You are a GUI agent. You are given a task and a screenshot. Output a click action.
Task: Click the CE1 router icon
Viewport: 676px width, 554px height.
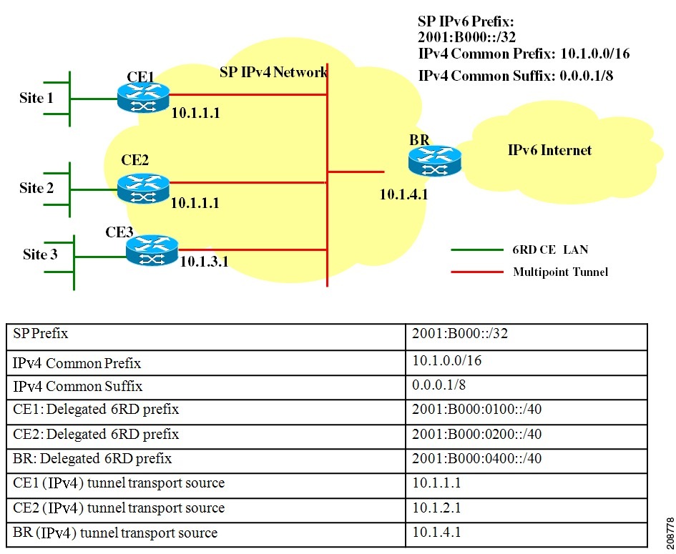click(143, 97)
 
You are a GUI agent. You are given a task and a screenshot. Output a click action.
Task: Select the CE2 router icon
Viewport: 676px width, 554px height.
click(143, 186)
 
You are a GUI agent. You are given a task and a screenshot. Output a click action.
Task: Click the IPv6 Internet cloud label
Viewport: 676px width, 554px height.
click(549, 150)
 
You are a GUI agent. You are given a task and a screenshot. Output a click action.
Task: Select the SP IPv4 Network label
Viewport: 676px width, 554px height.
click(273, 72)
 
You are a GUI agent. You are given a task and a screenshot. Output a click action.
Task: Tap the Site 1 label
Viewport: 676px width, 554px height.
click(36, 98)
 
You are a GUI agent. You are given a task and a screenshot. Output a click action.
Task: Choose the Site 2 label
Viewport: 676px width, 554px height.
click(36, 188)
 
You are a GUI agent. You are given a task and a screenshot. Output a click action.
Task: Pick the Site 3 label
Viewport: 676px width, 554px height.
click(40, 254)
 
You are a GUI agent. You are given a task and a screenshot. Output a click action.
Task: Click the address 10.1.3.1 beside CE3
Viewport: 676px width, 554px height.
click(204, 262)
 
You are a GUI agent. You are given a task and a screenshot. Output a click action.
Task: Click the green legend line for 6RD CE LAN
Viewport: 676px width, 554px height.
click(476, 250)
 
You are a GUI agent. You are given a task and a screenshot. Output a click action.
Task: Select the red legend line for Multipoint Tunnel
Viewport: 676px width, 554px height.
click(476, 272)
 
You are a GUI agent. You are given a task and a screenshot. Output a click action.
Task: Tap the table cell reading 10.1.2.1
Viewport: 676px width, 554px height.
click(436, 508)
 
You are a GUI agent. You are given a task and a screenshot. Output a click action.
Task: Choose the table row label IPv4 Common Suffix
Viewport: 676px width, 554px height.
click(77, 386)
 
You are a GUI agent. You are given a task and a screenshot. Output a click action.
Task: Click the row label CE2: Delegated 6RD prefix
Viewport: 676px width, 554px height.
click(96, 434)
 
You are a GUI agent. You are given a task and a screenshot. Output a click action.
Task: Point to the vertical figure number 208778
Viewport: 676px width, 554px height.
click(667, 530)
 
